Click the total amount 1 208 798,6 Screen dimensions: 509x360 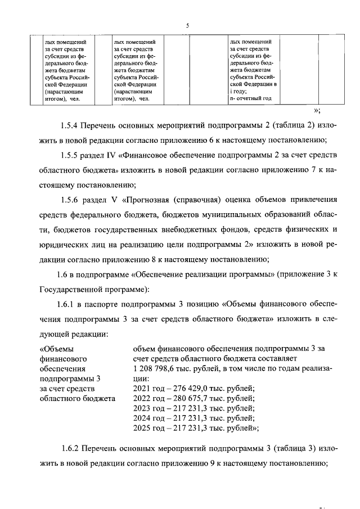156,369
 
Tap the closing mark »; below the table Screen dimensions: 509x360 317,111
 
